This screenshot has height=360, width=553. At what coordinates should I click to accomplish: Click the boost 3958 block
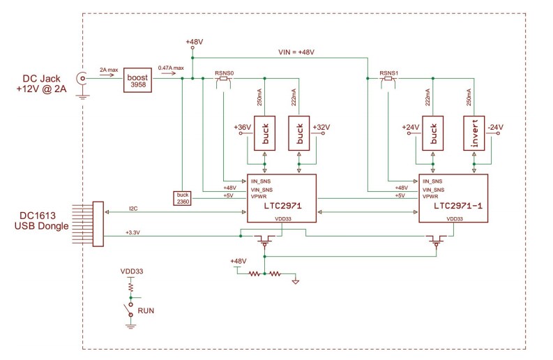pos(137,80)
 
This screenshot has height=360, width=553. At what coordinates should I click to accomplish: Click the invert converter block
pos(475,133)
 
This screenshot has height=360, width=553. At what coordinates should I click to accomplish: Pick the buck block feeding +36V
pos(264,133)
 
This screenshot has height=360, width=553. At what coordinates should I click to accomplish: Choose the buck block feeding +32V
pos(299,133)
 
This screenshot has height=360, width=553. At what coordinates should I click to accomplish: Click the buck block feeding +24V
pos(433,133)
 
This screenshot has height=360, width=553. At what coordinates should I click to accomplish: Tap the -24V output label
pos(494,127)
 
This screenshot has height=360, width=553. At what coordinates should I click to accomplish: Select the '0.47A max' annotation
pos(171,68)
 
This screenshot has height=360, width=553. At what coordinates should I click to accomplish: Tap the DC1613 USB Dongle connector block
pos(98,223)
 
